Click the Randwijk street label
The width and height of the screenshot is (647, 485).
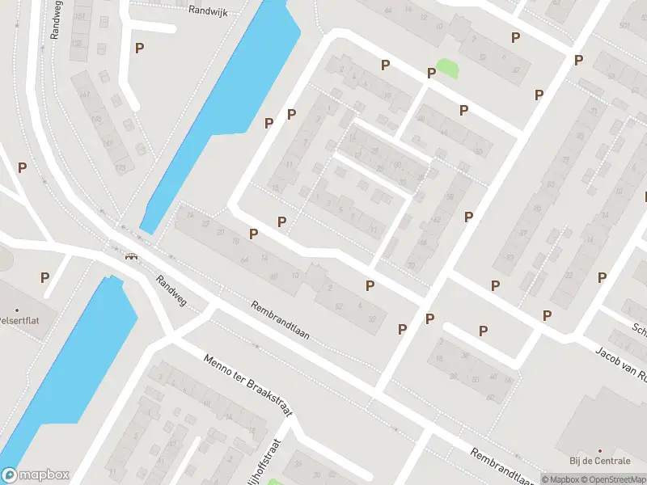[208, 11]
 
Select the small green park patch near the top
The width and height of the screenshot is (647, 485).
[446, 70]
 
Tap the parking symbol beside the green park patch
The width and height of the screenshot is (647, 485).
[432, 73]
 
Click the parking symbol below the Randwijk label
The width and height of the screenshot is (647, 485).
[139, 48]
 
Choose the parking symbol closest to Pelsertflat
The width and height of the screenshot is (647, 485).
[45, 276]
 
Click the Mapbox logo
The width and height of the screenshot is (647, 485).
[35, 474]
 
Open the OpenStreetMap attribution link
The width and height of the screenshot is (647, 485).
[615, 479]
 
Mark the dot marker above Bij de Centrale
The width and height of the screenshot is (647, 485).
[599, 451]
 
